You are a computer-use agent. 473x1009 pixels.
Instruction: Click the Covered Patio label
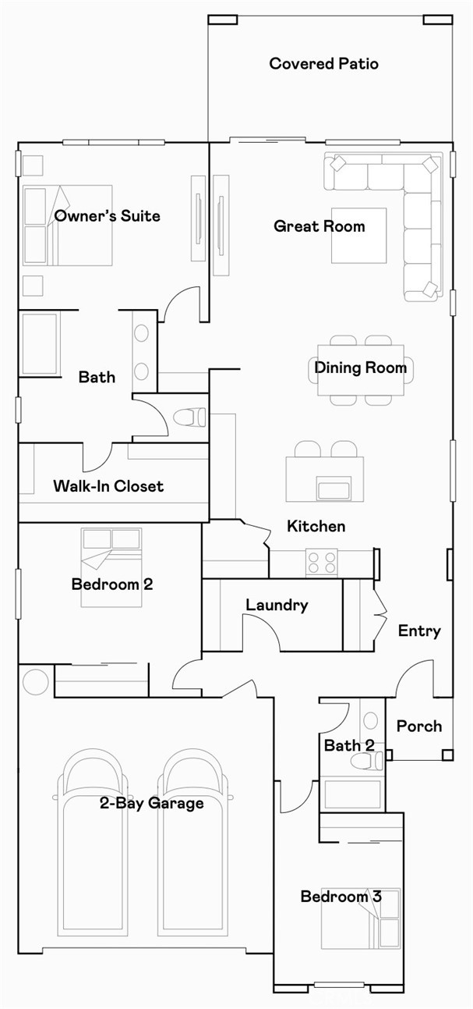323,63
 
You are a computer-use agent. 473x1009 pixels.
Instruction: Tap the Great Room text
319,226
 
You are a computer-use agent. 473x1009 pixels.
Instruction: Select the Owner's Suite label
107,216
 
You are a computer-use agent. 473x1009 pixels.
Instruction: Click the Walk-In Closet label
108,486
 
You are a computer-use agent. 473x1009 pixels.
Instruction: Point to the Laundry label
277,605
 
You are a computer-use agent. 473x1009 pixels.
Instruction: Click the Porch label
418,727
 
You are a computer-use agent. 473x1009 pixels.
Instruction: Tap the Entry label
419,631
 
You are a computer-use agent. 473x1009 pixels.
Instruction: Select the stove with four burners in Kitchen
321,563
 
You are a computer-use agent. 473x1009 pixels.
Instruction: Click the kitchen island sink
334,490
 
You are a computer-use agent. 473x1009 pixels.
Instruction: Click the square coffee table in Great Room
358,235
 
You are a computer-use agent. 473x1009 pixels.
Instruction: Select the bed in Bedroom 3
361,918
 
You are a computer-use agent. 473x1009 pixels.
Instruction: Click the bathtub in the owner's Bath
39,344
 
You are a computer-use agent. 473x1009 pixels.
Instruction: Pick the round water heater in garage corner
36,681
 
